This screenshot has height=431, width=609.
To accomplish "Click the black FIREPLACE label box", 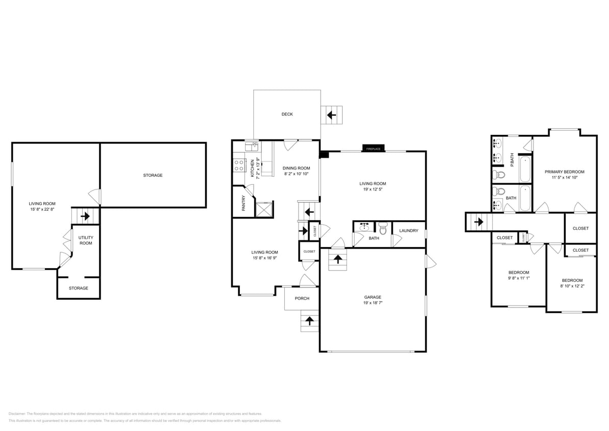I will click(373, 149).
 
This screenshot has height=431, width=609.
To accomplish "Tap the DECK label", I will click(287, 114).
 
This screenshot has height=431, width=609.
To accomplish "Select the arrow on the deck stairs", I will click(331, 115).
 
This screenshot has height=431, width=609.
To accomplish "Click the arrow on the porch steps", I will click(309, 321).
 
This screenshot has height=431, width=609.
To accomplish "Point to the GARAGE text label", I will click(372, 297).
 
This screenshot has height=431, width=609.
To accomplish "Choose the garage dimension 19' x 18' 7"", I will click(372, 303).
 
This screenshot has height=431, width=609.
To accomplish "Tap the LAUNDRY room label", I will click(408, 231).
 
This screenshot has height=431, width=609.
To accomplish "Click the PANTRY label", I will click(243, 203).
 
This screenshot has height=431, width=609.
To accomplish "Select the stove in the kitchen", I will click(238, 165).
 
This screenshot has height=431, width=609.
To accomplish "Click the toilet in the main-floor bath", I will click(383, 229).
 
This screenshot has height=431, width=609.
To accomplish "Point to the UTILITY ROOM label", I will click(85, 240).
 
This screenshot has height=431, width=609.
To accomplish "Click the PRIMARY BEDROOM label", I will click(564, 172).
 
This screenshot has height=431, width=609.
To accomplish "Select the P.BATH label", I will click(512, 159).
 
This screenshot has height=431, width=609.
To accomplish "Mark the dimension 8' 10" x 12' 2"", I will click(572, 286).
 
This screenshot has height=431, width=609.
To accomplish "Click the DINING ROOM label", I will click(297, 168).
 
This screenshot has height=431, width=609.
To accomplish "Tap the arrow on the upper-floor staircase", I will click(479, 222).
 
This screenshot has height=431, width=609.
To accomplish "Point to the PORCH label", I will click(302, 298).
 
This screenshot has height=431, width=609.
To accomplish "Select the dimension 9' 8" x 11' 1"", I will click(518, 278).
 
